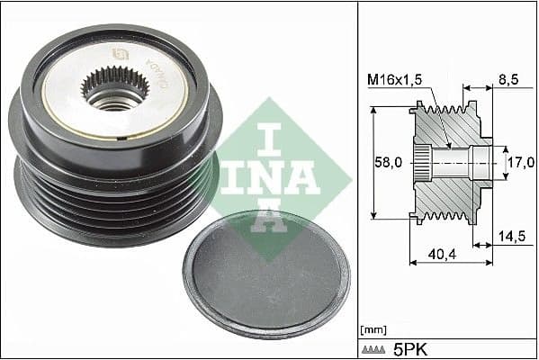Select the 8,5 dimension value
[509, 79]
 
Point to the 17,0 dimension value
[519, 162]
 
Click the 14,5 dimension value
[511, 237]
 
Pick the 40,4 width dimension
[440, 256]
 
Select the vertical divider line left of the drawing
[358, 180]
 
